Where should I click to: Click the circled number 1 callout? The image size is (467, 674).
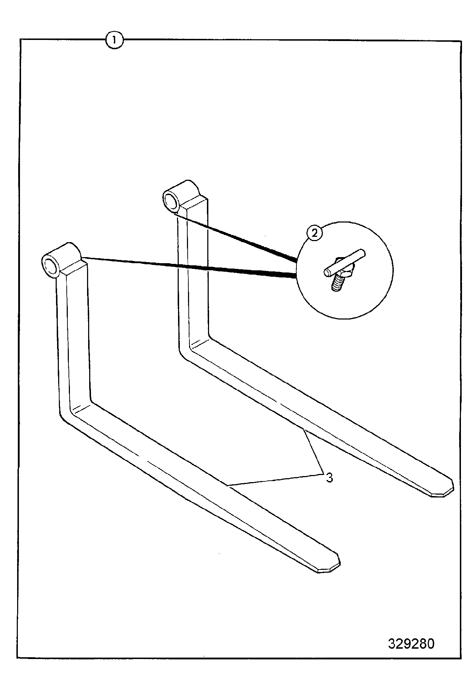point(114,40)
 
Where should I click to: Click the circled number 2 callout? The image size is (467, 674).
point(314,233)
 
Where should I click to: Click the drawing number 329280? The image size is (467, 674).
point(411,643)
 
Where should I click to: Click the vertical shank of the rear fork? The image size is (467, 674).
point(193,275)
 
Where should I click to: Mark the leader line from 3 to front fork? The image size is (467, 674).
point(275,479)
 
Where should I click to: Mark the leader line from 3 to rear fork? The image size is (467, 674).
point(313,451)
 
